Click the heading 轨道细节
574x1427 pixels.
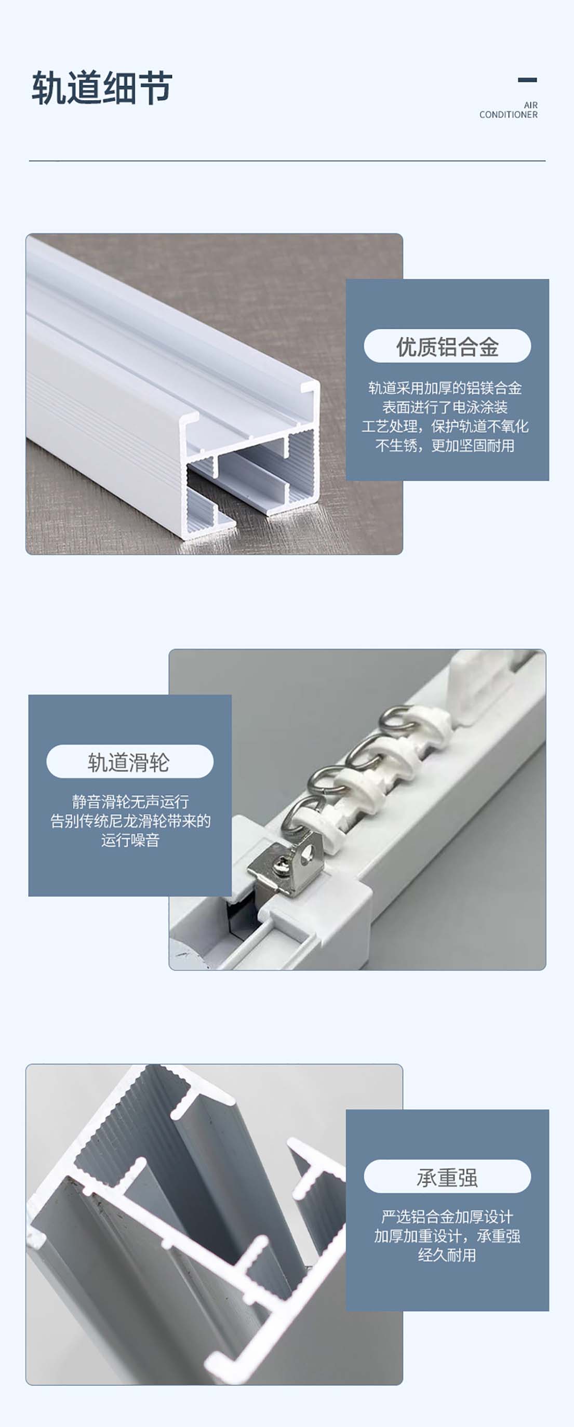(102, 87)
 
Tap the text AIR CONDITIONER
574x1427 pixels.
(509, 110)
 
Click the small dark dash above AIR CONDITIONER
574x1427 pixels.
(527, 80)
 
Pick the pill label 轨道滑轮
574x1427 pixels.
(130, 762)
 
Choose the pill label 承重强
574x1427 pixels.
(447, 1177)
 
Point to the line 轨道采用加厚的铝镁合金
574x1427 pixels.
(445, 388)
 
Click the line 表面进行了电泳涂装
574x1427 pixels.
(445, 407)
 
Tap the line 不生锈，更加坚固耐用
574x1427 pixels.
(445, 445)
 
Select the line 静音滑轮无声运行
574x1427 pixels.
(130, 802)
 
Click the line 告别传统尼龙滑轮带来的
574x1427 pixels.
(130, 821)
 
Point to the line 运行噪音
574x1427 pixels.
(130, 841)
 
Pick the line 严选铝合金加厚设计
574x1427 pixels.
(447, 1217)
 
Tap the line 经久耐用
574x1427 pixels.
(447, 1255)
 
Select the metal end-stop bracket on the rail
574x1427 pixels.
(285, 862)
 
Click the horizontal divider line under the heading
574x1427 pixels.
(287, 161)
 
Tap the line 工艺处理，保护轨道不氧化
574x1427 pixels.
(445, 426)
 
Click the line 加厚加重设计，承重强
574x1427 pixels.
(447, 1236)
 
